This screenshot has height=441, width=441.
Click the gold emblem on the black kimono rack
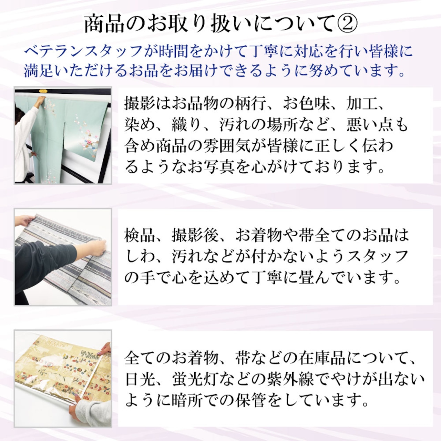[43, 91]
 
